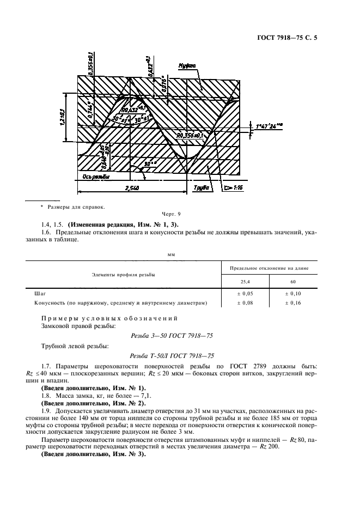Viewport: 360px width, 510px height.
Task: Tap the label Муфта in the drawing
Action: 186,65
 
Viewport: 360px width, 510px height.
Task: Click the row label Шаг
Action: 40,293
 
